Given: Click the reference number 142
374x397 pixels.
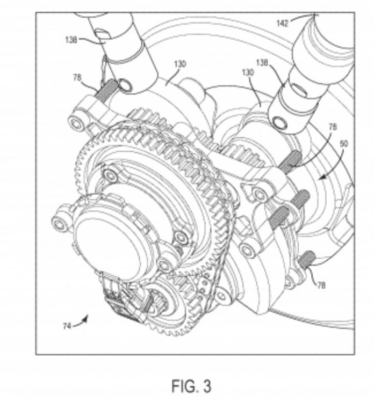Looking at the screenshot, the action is click(x=283, y=24).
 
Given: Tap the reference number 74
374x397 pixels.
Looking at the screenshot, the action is click(x=67, y=326).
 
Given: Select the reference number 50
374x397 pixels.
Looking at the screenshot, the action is click(x=344, y=144).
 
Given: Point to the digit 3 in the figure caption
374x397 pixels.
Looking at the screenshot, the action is click(x=207, y=386).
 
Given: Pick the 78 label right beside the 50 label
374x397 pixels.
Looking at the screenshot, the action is click(x=333, y=127).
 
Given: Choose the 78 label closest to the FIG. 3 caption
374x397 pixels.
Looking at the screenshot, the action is click(x=321, y=285).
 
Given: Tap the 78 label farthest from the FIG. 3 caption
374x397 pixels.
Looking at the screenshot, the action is click(x=77, y=77).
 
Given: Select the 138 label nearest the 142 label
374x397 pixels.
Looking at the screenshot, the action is click(x=262, y=63).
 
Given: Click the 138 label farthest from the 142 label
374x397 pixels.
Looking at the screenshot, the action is click(x=71, y=40).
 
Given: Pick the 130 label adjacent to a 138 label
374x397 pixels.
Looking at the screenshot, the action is click(x=248, y=72).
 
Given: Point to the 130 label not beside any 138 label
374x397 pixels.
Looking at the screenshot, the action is click(x=180, y=64).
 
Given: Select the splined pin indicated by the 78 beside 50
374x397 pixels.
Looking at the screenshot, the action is click(x=291, y=160).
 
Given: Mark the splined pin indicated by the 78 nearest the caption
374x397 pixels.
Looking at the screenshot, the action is click(x=307, y=258).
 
